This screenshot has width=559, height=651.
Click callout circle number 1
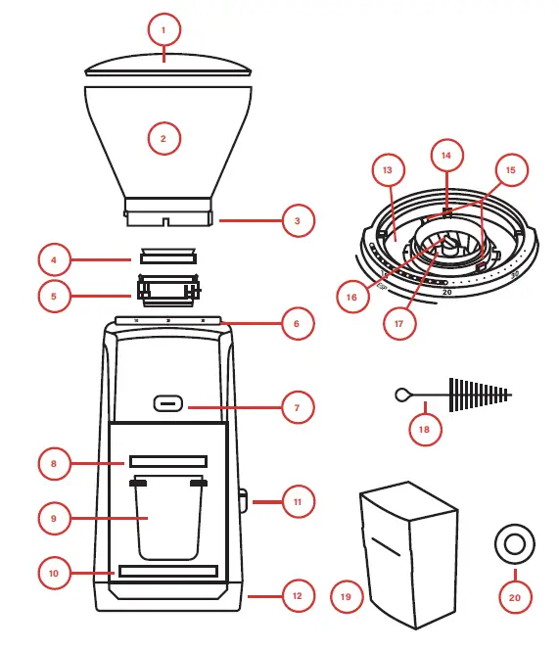163,30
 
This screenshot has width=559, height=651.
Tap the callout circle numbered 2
163,139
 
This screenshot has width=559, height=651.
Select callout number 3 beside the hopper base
298,221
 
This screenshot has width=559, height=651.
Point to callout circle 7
298,406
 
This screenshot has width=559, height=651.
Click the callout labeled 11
298,502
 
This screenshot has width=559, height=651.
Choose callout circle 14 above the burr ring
446,156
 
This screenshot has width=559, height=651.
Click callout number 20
515,595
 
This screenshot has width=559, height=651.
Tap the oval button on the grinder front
168,403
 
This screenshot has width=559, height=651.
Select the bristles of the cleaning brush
480,395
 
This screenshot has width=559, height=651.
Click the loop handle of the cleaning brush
402,395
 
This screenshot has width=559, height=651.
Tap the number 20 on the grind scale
446,292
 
